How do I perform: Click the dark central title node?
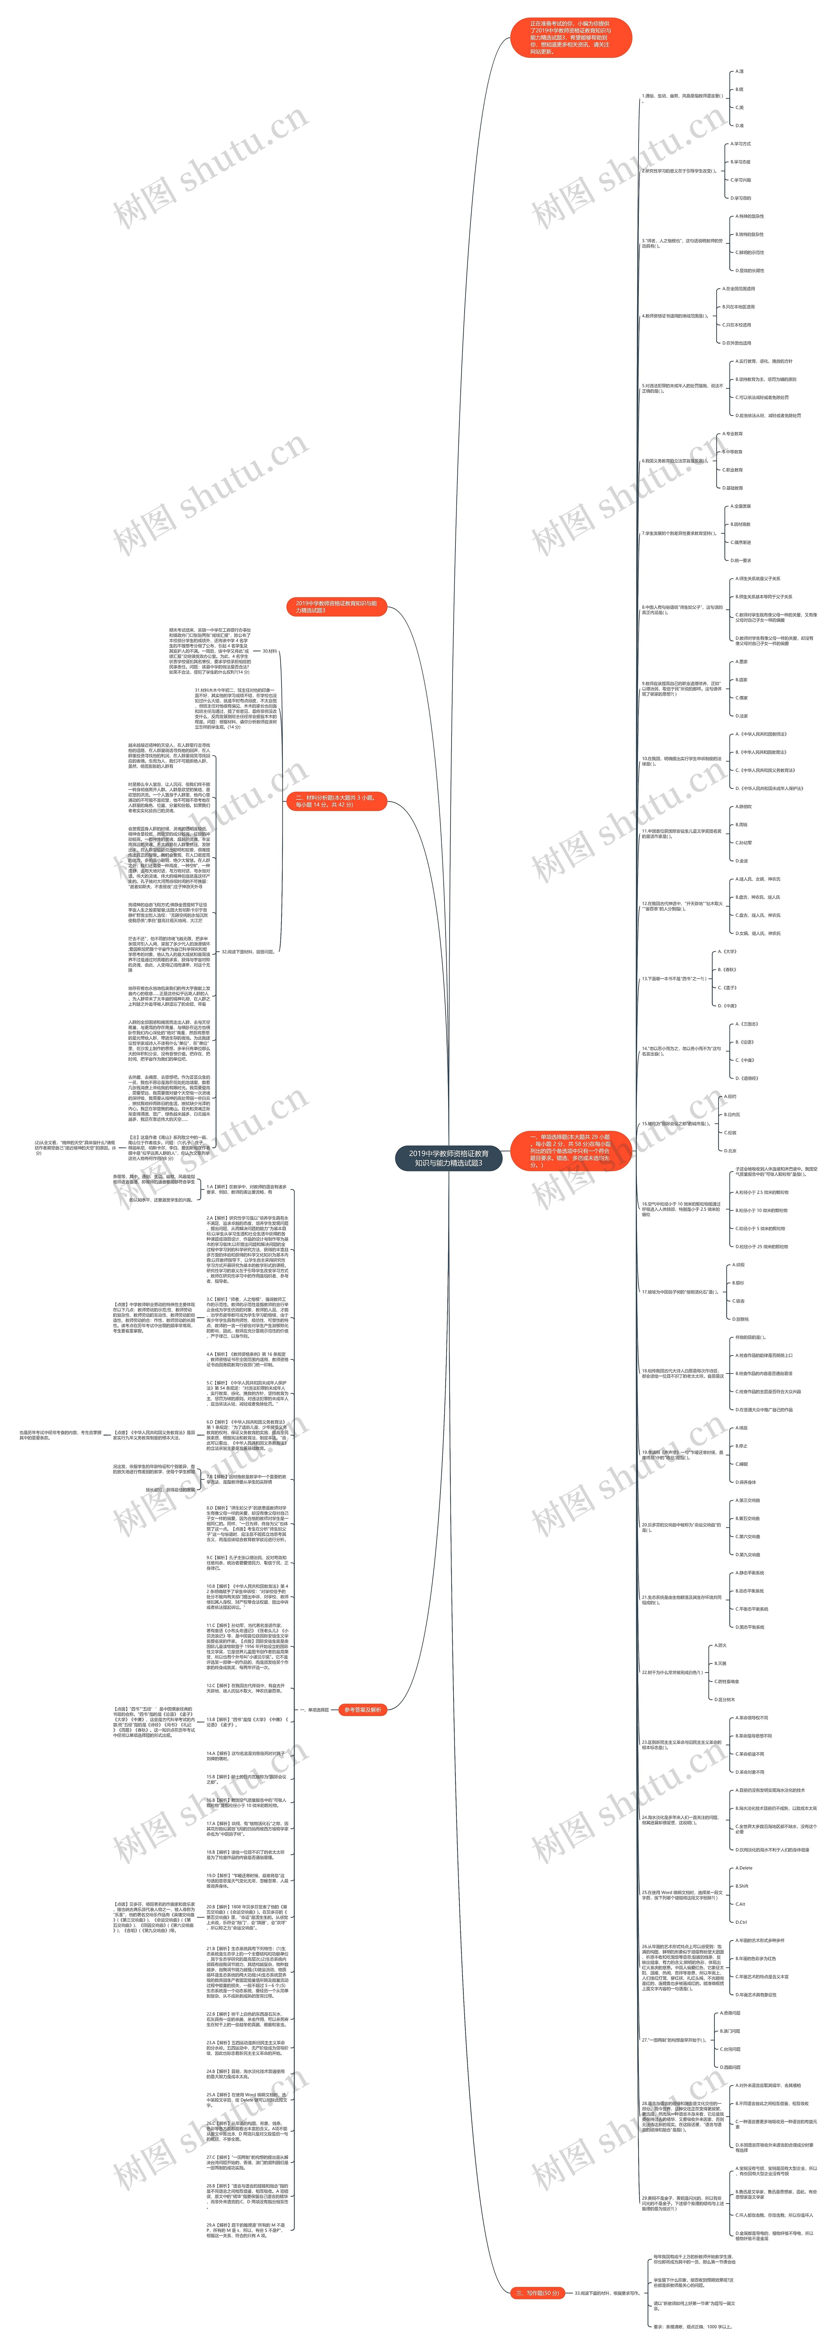click(x=448, y=1158)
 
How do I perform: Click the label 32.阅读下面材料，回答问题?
click(x=248, y=951)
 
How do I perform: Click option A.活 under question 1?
click(x=740, y=71)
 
